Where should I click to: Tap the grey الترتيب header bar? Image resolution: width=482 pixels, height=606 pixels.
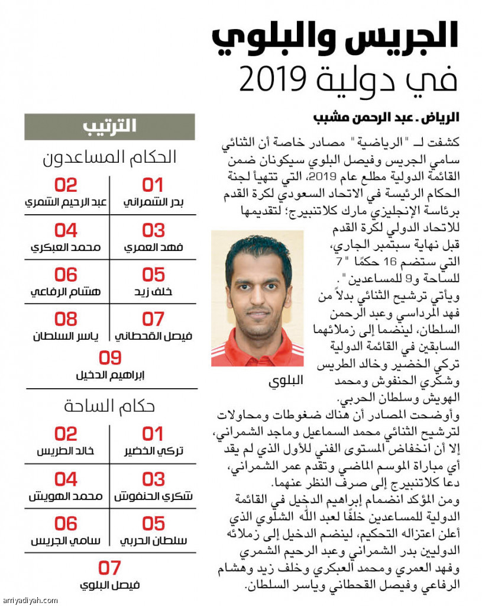click(x=109, y=127)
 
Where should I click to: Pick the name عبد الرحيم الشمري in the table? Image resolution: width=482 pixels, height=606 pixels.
click(x=66, y=202)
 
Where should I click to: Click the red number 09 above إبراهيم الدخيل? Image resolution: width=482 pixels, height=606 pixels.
click(x=109, y=358)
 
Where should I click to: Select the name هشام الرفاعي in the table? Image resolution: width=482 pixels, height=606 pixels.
click(x=66, y=292)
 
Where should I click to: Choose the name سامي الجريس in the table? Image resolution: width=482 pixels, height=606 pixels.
click(x=66, y=540)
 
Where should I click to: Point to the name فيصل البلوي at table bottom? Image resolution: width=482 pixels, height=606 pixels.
click(x=109, y=585)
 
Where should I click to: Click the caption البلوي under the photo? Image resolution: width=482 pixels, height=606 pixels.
click(x=286, y=381)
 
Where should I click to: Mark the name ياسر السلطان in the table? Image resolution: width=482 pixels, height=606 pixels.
click(x=66, y=336)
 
